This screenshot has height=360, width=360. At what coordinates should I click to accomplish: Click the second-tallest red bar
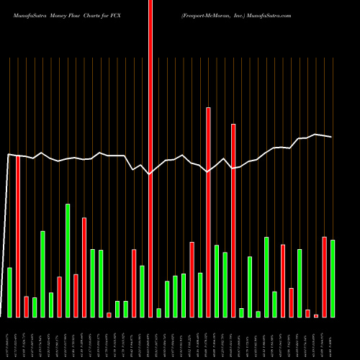(208, 212)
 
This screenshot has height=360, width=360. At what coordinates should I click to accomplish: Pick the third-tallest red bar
(233, 220)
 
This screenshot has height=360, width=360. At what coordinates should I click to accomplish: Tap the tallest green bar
(68, 261)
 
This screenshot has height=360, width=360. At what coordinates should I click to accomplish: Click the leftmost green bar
(10, 292)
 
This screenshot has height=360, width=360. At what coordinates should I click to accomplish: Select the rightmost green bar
(333, 278)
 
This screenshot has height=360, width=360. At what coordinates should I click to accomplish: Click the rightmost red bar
(325, 277)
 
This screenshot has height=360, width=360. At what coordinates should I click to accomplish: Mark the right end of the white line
(332, 137)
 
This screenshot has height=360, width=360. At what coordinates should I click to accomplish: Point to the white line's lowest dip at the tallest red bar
(150, 174)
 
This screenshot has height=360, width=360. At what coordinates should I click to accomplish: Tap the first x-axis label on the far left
(8, 338)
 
